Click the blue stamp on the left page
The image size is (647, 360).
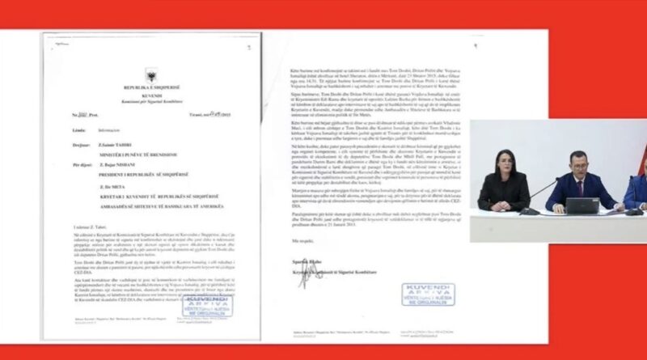pos(212,307)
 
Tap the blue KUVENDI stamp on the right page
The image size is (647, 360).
pos(426,294)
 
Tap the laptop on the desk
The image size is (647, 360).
pos(581,205)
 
